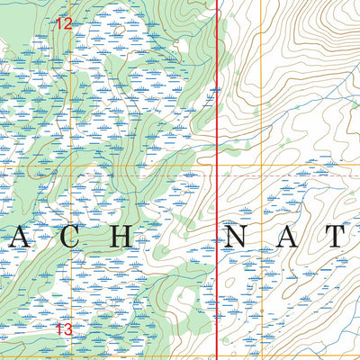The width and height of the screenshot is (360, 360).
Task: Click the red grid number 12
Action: coord(62,24)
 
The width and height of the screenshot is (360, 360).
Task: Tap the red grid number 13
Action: coord(62,330)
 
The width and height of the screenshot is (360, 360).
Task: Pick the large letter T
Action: coord(336,237)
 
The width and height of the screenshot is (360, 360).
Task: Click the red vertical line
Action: coord(220,108)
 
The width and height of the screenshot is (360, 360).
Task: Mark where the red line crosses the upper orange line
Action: coord(220,167)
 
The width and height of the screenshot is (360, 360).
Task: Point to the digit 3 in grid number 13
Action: coord(67,330)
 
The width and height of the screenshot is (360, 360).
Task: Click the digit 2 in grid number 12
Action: coord(67,24)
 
